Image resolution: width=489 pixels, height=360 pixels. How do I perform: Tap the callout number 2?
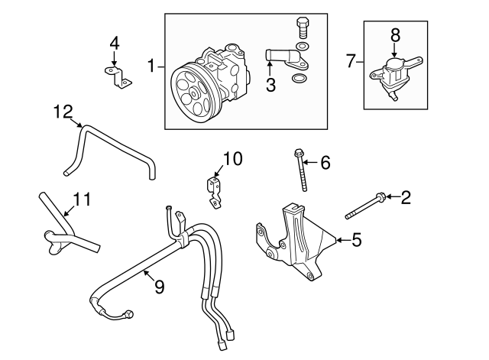(406, 199)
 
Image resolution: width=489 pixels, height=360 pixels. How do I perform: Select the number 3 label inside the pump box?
(270, 86)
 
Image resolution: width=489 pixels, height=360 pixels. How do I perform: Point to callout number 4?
(114, 43)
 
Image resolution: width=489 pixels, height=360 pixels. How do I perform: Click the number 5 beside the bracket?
(356, 241)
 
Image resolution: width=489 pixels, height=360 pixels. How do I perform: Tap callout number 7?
(351, 60)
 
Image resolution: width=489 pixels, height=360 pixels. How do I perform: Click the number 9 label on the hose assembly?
(159, 287)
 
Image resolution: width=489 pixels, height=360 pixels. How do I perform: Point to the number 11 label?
(82, 200)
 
